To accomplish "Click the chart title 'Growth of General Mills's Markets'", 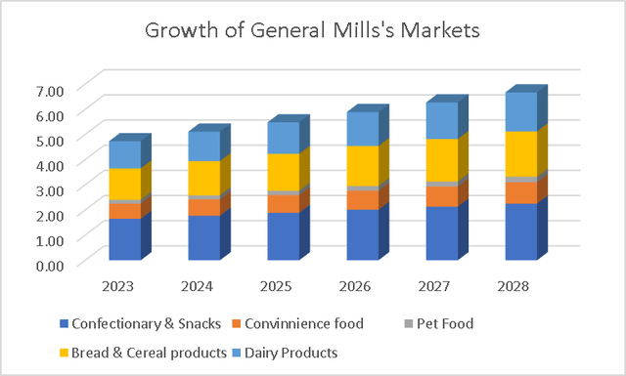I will pos(313,29).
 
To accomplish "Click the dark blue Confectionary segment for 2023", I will pos(124,239).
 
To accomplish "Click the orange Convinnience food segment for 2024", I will pos(203,207).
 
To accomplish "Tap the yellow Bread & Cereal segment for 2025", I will pos(283,172).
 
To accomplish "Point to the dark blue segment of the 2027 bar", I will pos(441,233).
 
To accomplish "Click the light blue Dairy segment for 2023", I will pos(124,154).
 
